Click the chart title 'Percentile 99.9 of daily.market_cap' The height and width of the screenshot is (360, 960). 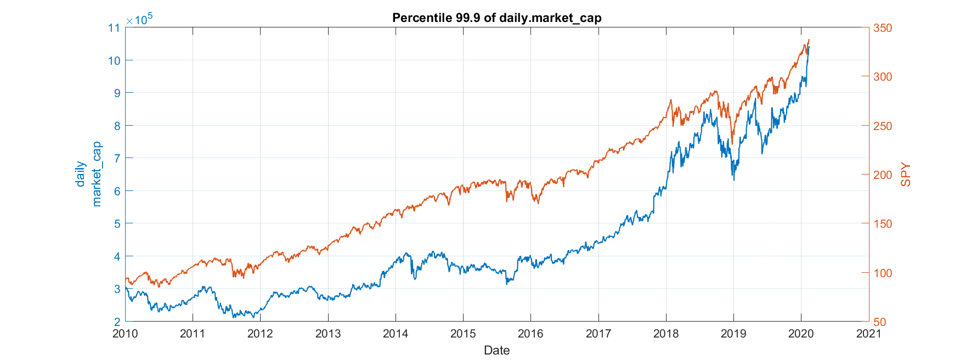(496, 18)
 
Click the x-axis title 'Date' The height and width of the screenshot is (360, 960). (496, 350)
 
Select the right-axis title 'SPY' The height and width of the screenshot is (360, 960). (906, 175)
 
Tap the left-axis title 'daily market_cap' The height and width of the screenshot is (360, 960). (88, 175)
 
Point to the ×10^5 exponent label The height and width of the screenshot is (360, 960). (139, 19)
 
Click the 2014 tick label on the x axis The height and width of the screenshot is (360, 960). (396, 334)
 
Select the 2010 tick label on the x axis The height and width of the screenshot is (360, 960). (125, 334)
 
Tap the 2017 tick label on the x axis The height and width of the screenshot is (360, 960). (598, 334)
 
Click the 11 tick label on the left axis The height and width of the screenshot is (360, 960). (114, 28)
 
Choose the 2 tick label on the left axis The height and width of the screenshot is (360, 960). (117, 322)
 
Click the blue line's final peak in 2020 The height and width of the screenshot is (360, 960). (809, 47)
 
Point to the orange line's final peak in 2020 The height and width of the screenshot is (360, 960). (809, 40)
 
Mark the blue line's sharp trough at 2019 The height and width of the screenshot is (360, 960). (734, 180)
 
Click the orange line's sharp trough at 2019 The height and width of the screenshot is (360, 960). (732, 144)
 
